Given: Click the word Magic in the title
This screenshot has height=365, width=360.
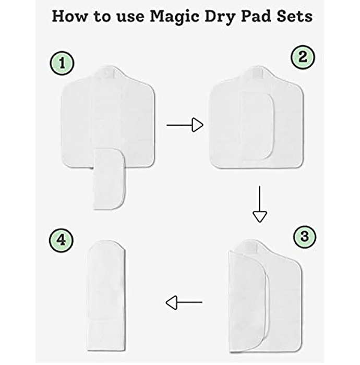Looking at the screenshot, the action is click(174, 17).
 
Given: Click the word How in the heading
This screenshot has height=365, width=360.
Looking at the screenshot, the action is click(69, 17).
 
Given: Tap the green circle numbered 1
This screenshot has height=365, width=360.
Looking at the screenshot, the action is click(62, 63).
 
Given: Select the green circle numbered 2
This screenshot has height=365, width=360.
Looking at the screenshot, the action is click(303, 57).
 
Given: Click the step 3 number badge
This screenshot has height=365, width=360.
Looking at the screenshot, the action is click(305, 236).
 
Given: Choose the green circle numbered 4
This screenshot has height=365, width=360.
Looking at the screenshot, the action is click(61, 240).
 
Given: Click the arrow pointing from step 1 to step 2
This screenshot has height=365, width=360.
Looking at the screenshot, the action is click(185, 125).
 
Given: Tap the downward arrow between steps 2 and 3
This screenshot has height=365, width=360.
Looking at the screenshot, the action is click(260, 204).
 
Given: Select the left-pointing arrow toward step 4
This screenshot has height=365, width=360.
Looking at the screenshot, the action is click(184, 302).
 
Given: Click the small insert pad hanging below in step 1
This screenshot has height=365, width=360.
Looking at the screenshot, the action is click(109, 179).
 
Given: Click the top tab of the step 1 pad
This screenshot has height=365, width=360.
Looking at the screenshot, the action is click(108, 72).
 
